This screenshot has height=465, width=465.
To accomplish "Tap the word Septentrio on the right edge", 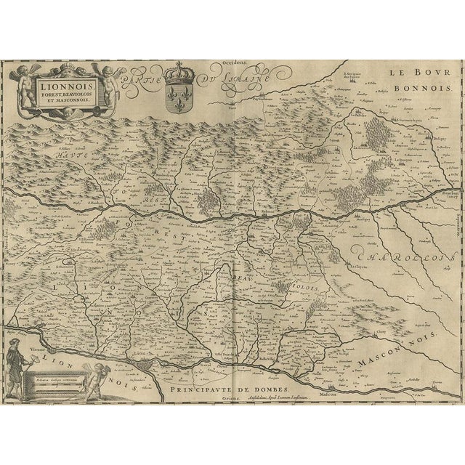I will pos(459,211).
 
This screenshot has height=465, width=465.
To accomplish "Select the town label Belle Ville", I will pos(270,368).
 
